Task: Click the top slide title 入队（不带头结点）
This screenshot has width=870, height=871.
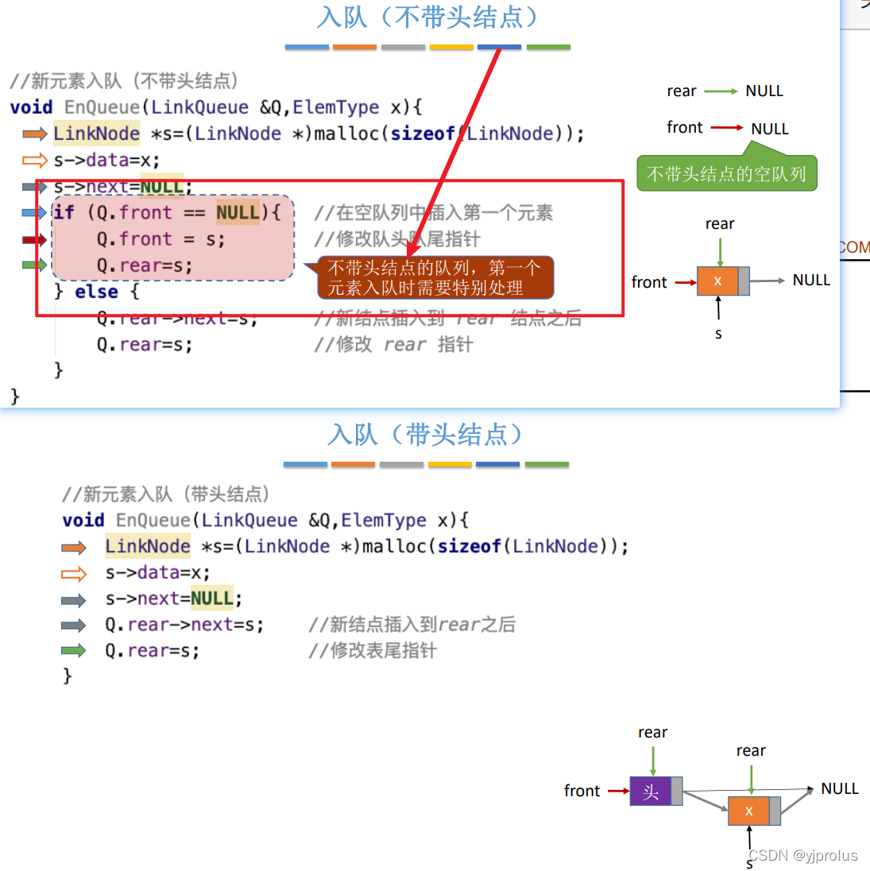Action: (427, 17)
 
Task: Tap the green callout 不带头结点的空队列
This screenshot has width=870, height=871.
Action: (726, 174)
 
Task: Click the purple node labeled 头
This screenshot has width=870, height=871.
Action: (651, 792)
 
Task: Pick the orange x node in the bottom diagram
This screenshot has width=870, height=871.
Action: (748, 811)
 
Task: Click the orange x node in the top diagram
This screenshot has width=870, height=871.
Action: (717, 281)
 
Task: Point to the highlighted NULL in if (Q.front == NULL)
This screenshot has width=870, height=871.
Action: (238, 212)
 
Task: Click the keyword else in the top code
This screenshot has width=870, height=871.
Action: (96, 292)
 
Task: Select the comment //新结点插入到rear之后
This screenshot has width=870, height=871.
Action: (412, 625)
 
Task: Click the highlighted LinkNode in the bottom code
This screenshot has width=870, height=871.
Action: (148, 546)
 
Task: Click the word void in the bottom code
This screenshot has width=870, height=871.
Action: (83, 521)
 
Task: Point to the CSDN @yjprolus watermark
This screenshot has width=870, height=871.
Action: (803, 855)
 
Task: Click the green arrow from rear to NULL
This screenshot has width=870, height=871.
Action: (721, 91)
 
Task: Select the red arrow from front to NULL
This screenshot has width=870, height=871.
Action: (726, 128)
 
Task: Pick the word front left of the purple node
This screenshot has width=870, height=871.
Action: (582, 791)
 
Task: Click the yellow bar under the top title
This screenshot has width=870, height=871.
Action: (451, 48)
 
